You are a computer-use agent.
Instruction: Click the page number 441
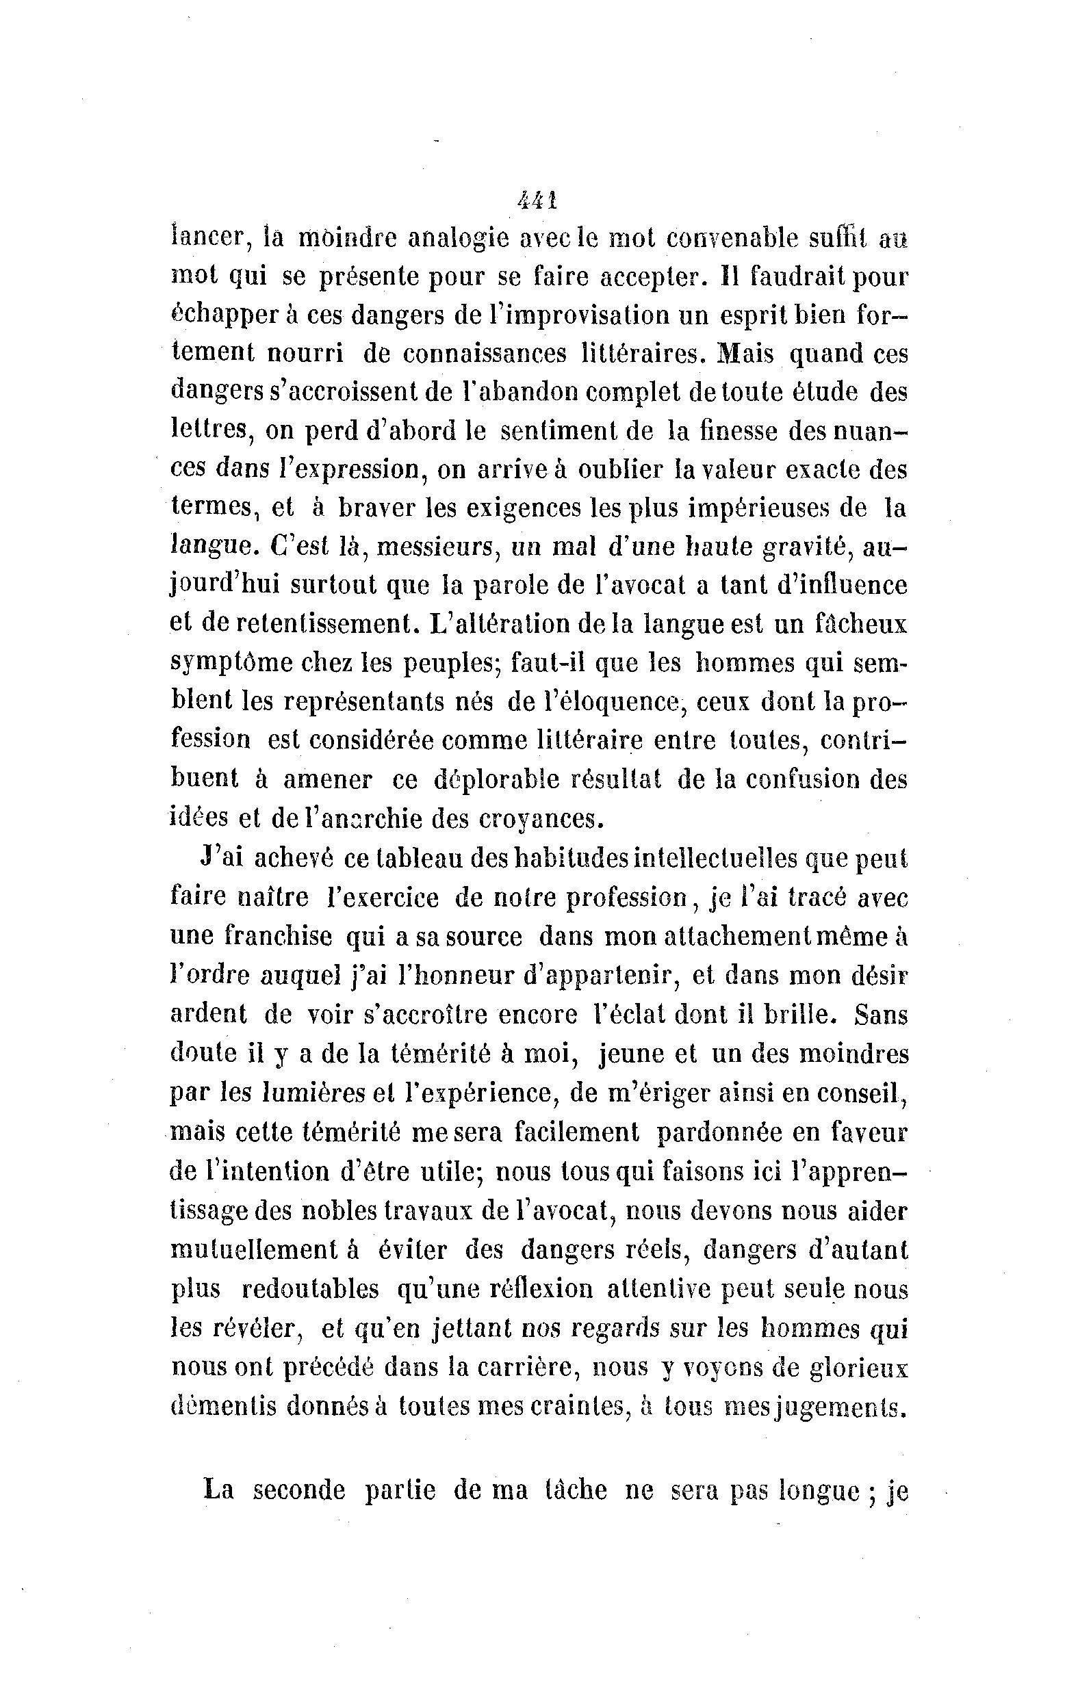pos(538,201)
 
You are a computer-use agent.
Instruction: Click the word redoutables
pos(310,1289)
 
